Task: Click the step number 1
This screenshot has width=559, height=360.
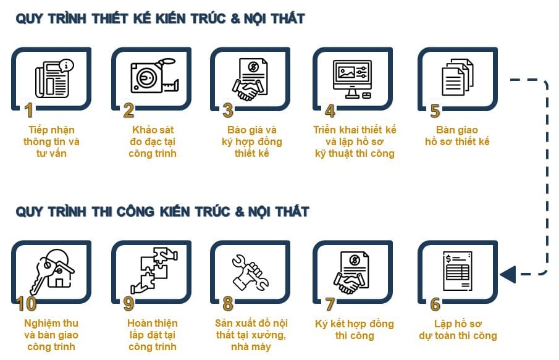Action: pos(28,111)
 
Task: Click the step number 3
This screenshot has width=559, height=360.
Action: pos(228,111)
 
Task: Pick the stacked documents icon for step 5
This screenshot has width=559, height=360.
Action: pos(458,78)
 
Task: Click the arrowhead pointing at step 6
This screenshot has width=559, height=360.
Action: pos(506,273)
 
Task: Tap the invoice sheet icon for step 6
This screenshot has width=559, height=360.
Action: pos(457,272)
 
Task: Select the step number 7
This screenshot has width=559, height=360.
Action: pos(330,304)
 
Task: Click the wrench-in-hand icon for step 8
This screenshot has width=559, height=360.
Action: pos(250,272)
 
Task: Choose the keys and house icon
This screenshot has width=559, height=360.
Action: pos(53,270)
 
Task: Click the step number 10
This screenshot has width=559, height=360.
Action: pos(27,304)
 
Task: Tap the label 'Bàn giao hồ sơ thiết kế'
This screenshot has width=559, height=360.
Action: pos(457,136)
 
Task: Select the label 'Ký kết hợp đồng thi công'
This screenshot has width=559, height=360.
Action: pos(354,330)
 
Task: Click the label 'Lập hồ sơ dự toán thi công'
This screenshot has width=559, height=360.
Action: pos(457,330)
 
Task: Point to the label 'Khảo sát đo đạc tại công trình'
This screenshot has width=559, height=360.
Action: pos(153,141)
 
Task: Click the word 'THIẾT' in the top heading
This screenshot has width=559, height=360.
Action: pos(115,19)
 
